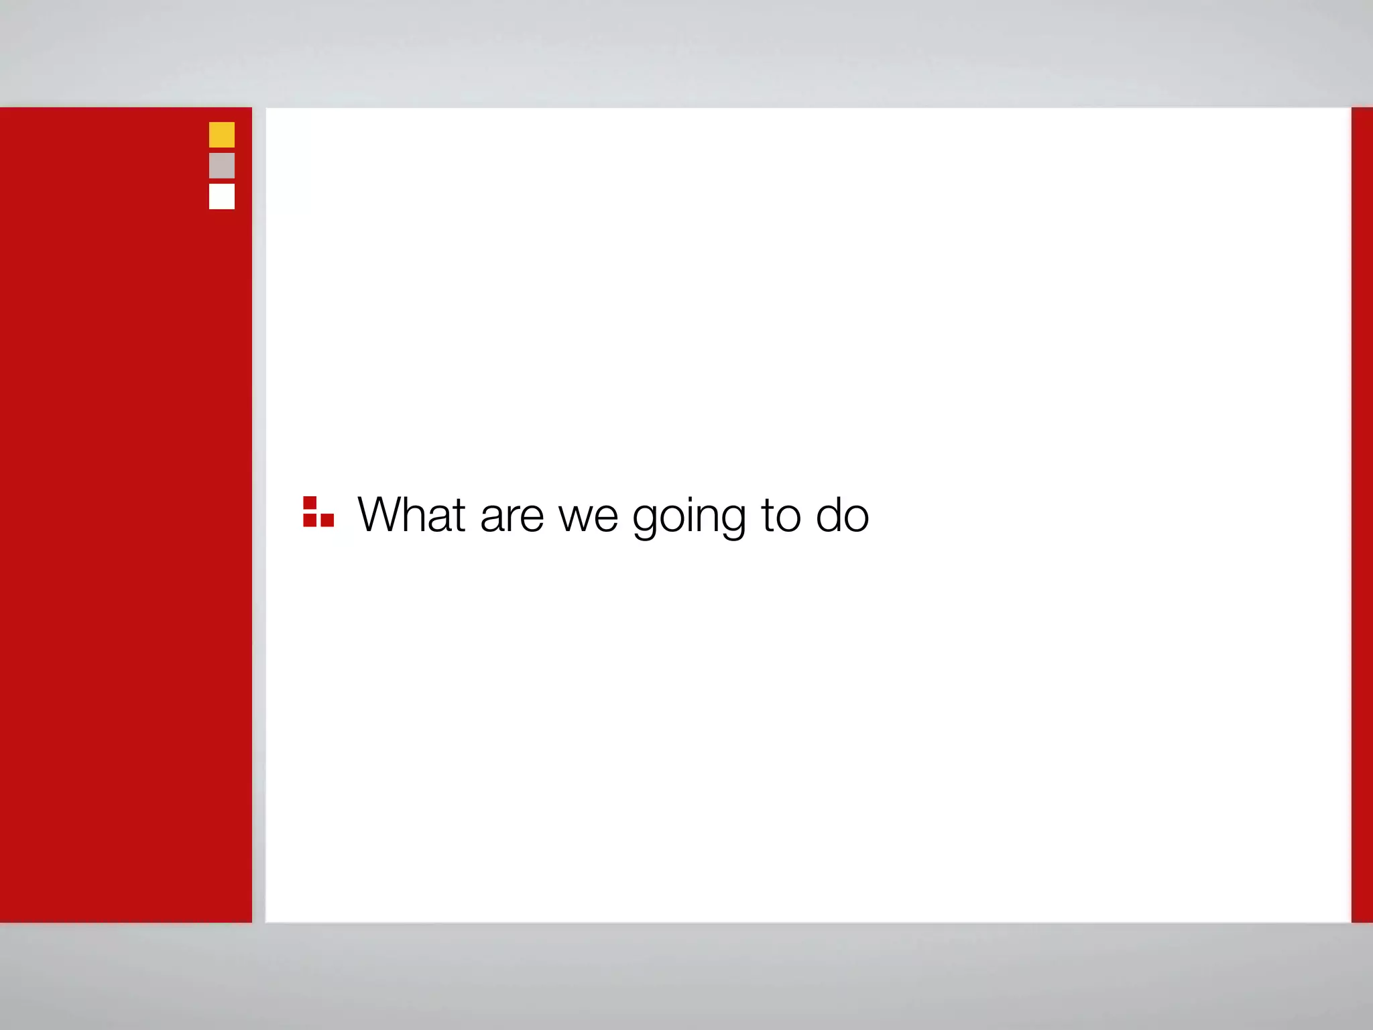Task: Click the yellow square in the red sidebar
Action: coord(222,135)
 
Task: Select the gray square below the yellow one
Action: coord(222,166)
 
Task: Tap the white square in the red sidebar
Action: coord(222,196)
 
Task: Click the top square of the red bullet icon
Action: coord(310,503)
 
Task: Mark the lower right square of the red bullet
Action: coord(327,520)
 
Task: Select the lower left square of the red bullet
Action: coord(310,520)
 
